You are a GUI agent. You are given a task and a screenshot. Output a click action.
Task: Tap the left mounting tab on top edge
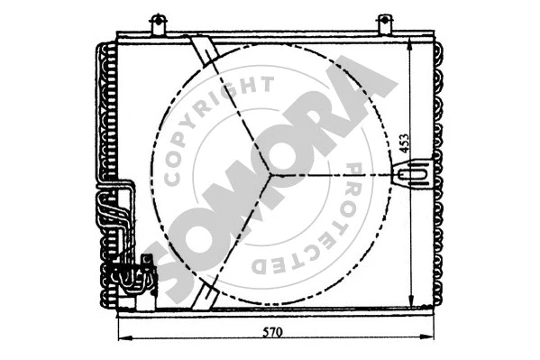159,23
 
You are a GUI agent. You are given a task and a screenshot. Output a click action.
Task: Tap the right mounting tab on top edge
385,23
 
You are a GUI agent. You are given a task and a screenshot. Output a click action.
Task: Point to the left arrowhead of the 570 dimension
124,339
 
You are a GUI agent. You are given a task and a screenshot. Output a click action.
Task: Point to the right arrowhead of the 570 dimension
429,339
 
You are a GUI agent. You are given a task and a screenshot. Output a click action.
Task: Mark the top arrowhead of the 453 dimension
411,44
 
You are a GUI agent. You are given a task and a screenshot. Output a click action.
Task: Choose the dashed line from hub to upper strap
236,108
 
